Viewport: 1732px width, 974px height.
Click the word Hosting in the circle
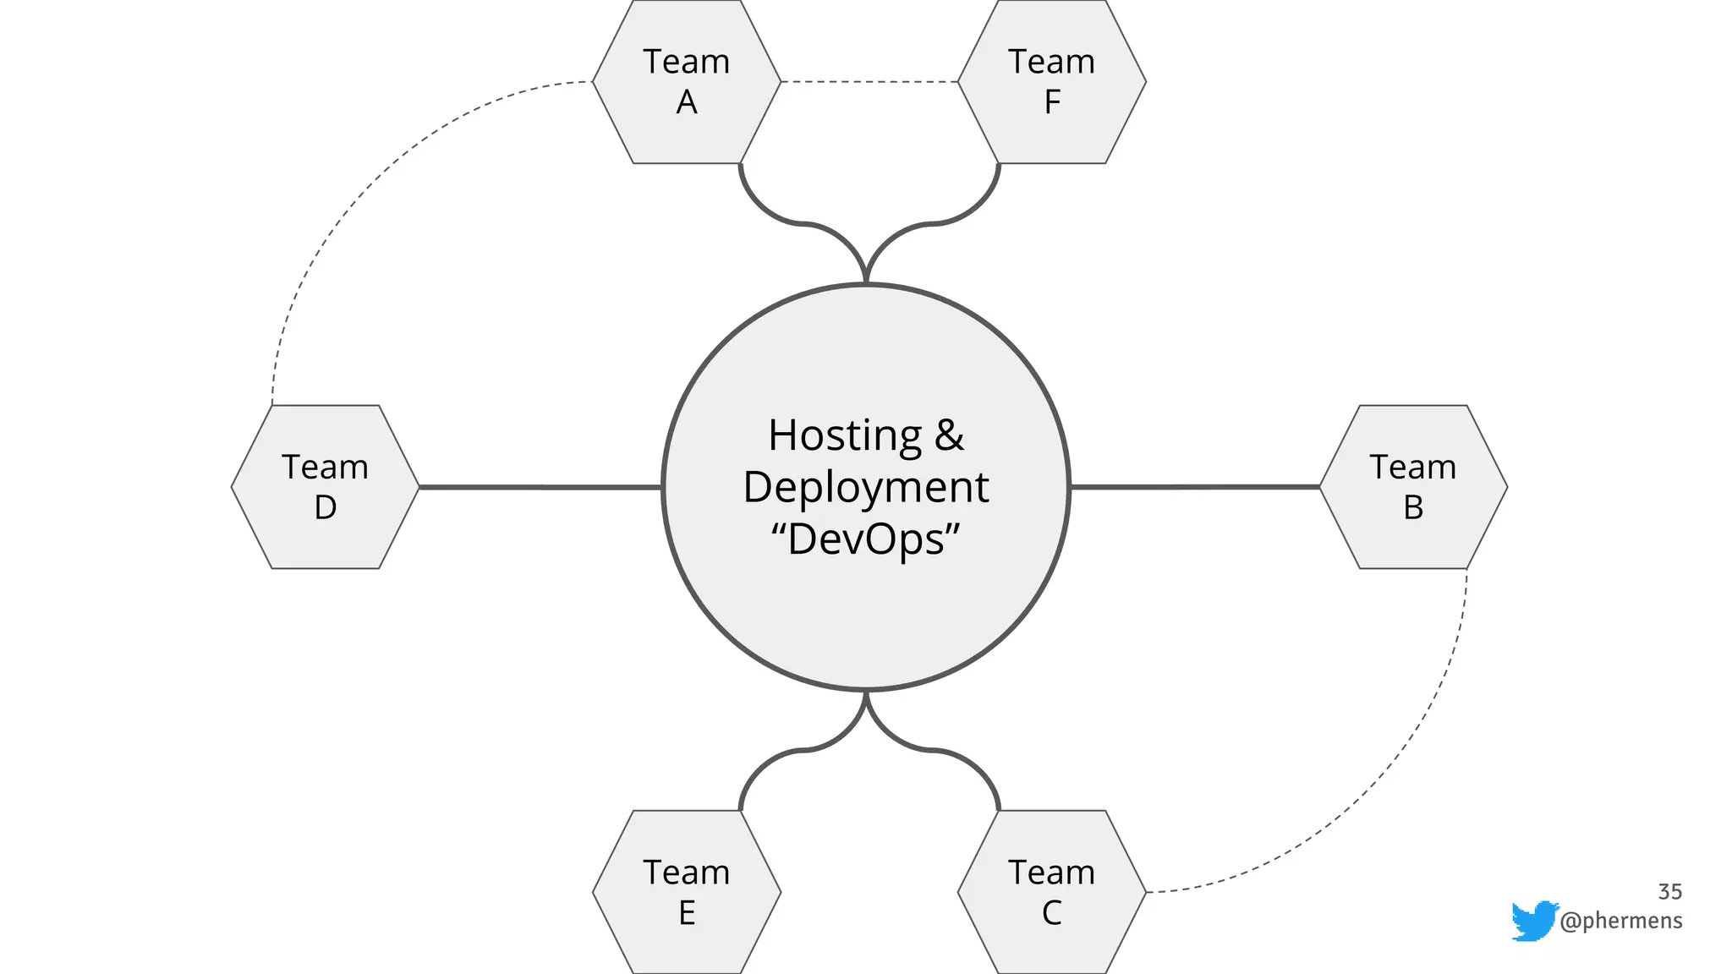[844, 435]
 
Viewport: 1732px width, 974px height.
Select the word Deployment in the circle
[866, 487]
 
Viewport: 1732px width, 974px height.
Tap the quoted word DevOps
[866, 539]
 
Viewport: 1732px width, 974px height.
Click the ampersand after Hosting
[949, 435]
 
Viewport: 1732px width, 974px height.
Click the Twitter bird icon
[1534, 920]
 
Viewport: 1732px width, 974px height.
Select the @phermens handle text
[1621, 920]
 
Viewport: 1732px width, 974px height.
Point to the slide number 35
[1669, 892]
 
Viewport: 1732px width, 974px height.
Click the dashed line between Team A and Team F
[869, 82]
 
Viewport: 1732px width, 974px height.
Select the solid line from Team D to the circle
[541, 487]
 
